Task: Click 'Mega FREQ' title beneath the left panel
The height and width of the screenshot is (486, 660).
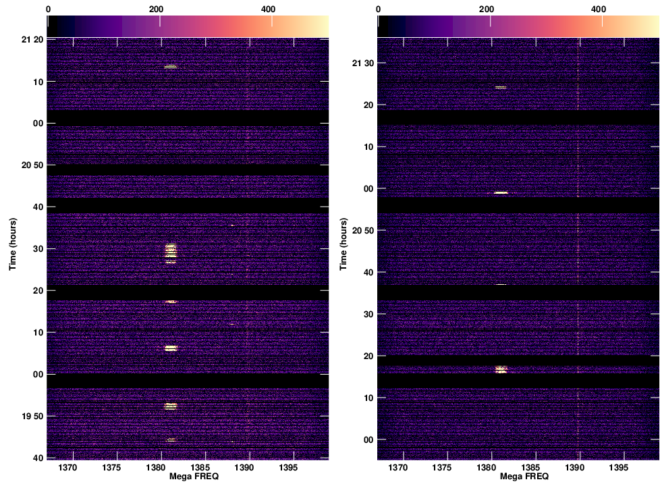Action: (188, 477)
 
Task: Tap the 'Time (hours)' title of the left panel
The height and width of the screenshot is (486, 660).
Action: (13, 244)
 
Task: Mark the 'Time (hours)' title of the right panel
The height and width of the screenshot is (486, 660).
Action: (343, 244)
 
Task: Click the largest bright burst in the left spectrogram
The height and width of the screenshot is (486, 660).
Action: (171, 252)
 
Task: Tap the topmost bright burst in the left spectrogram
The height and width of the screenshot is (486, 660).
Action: (170, 66)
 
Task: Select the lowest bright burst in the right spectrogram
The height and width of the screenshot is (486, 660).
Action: (501, 369)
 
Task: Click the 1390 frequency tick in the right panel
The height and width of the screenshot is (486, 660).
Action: (575, 468)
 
